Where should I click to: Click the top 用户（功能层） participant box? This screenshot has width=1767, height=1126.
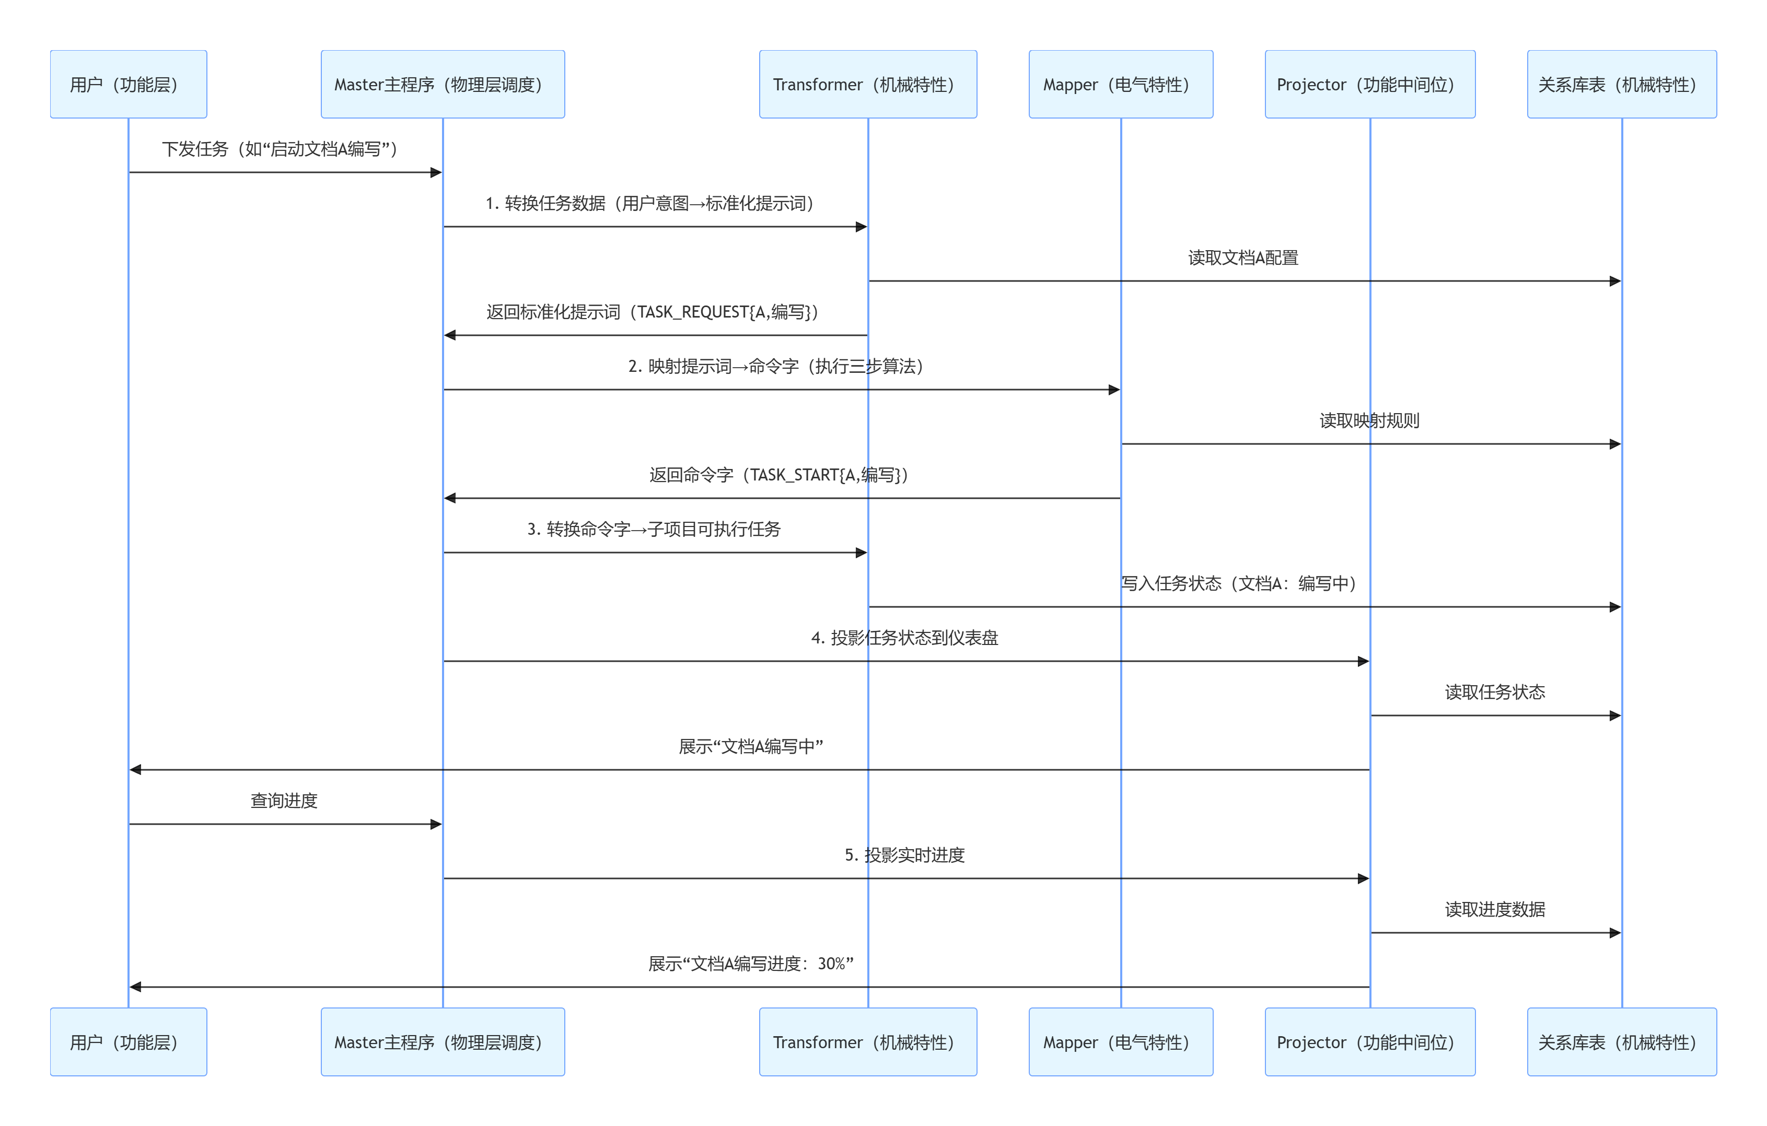click(129, 85)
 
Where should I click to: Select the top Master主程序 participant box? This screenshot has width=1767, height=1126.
click(443, 85)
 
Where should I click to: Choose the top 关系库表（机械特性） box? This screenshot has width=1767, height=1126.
click(1622, 85)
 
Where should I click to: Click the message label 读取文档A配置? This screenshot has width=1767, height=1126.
click(1243, 257)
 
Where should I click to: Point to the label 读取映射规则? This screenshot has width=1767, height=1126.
click(1369, 420)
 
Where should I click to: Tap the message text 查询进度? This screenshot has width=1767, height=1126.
click(284, 800)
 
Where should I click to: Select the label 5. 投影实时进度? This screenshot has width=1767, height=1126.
click(905, 854)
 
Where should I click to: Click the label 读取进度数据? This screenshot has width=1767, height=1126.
click(1495, 909)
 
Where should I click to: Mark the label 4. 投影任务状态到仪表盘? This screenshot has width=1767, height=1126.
click(905, 638)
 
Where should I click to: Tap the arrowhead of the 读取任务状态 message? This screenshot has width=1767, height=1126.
click(1614, 715)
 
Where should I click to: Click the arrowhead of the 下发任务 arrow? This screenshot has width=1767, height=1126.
click(436, 172)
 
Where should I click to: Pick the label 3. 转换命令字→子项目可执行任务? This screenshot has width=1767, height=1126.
click(654, 529)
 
